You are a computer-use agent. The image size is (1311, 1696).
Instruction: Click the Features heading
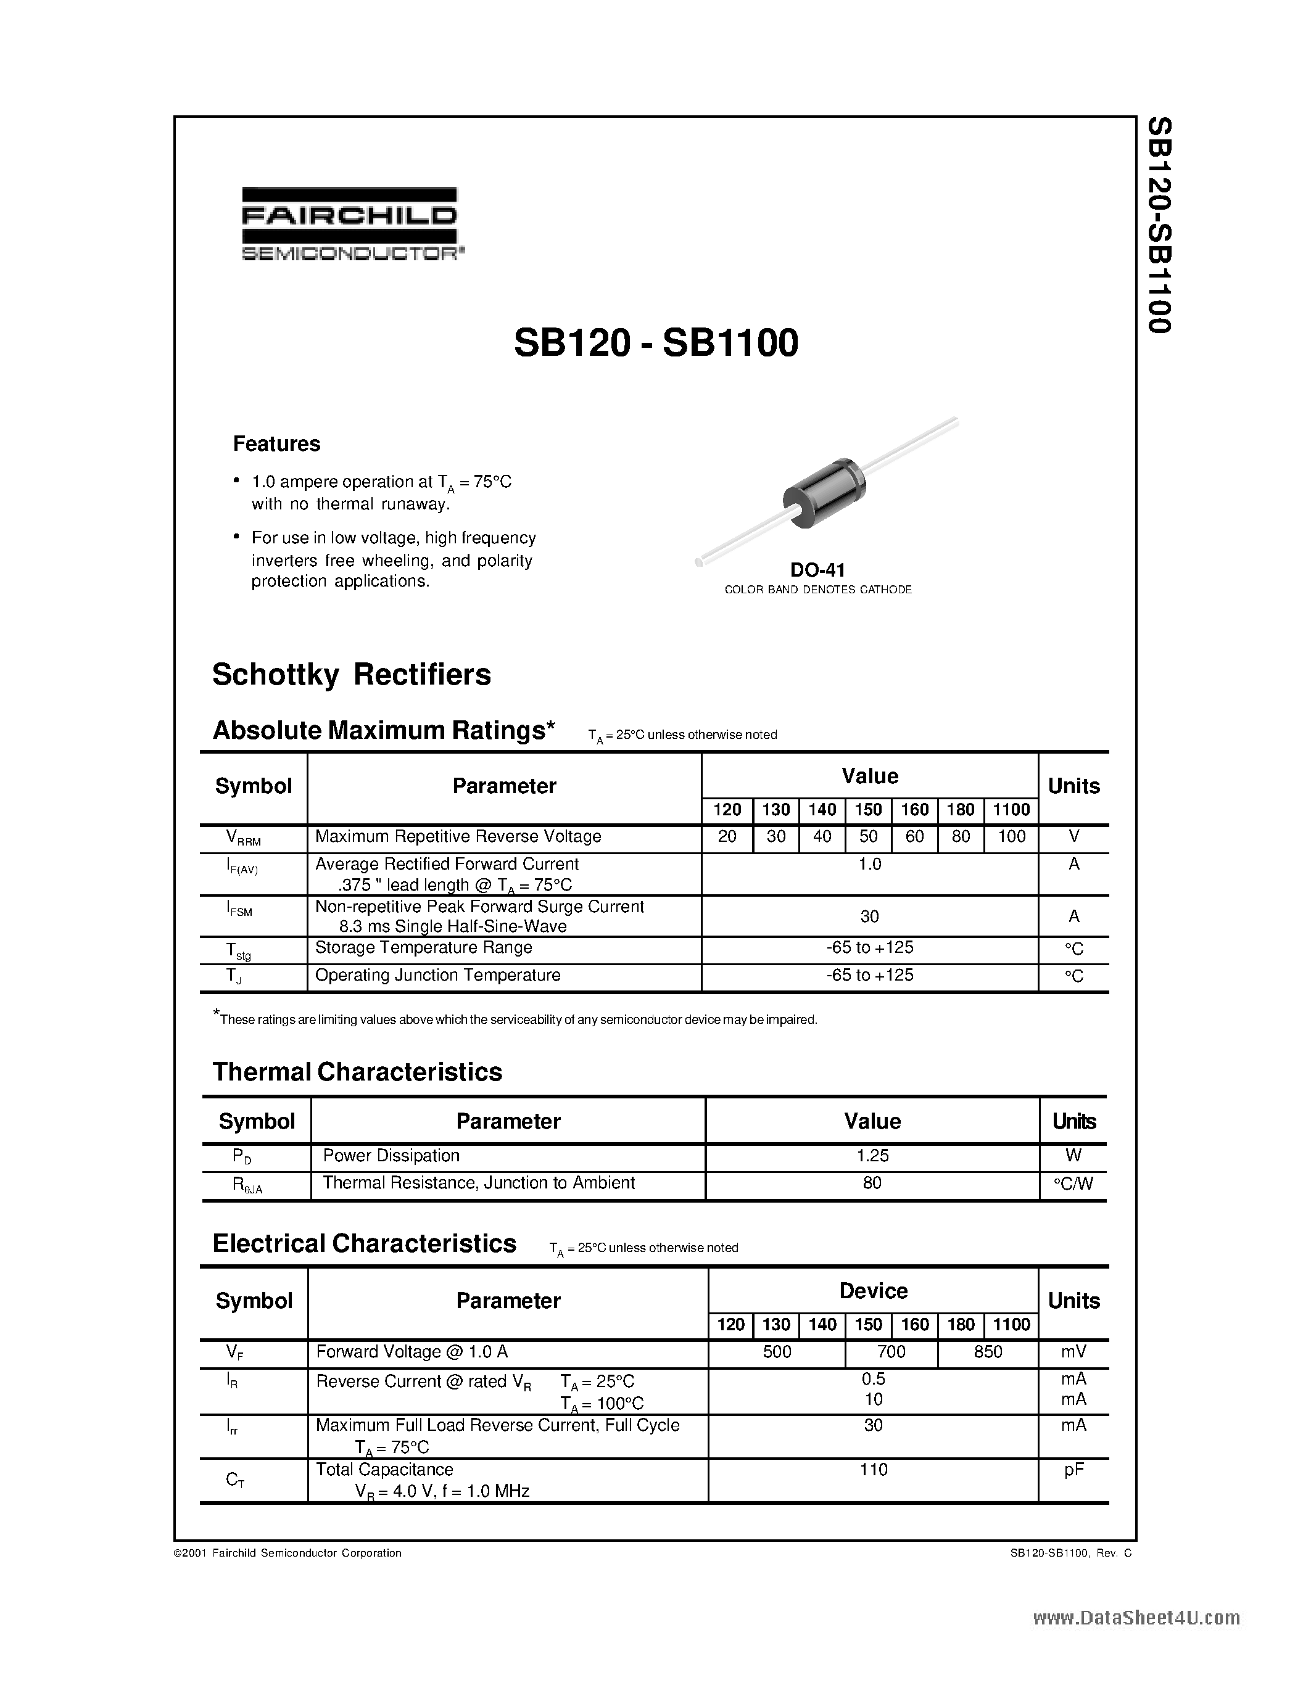click(x=276, y=444)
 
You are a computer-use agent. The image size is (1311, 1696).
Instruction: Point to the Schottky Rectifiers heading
click(x=351, y=674)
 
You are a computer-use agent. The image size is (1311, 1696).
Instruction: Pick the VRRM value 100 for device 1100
click(x=1011, y=836)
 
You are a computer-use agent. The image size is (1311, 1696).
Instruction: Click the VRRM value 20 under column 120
click(x=727, y=836)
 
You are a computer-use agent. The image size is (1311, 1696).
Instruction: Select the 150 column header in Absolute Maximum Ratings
click(x=868, y=810)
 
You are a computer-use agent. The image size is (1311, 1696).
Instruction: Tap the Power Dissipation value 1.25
click(x=872, y=1156)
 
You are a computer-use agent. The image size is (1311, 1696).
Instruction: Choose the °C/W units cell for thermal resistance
click(x=1073, y=1183)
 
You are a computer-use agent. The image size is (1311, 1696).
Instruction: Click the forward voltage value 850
click(x=988, y=1352)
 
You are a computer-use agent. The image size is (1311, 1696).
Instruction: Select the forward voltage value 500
click(x=777, y=1352)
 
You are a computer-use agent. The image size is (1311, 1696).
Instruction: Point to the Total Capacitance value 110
click(x=873, y=1469)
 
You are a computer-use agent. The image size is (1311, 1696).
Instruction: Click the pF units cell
click(x=1073, y=1469)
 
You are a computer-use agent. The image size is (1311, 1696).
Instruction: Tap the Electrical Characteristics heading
click(x=364, y=1243)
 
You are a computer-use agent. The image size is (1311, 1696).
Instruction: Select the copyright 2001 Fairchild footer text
click(x=287, y=1553)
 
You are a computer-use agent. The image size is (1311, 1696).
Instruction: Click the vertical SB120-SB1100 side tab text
click(x=1159, y=225)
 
